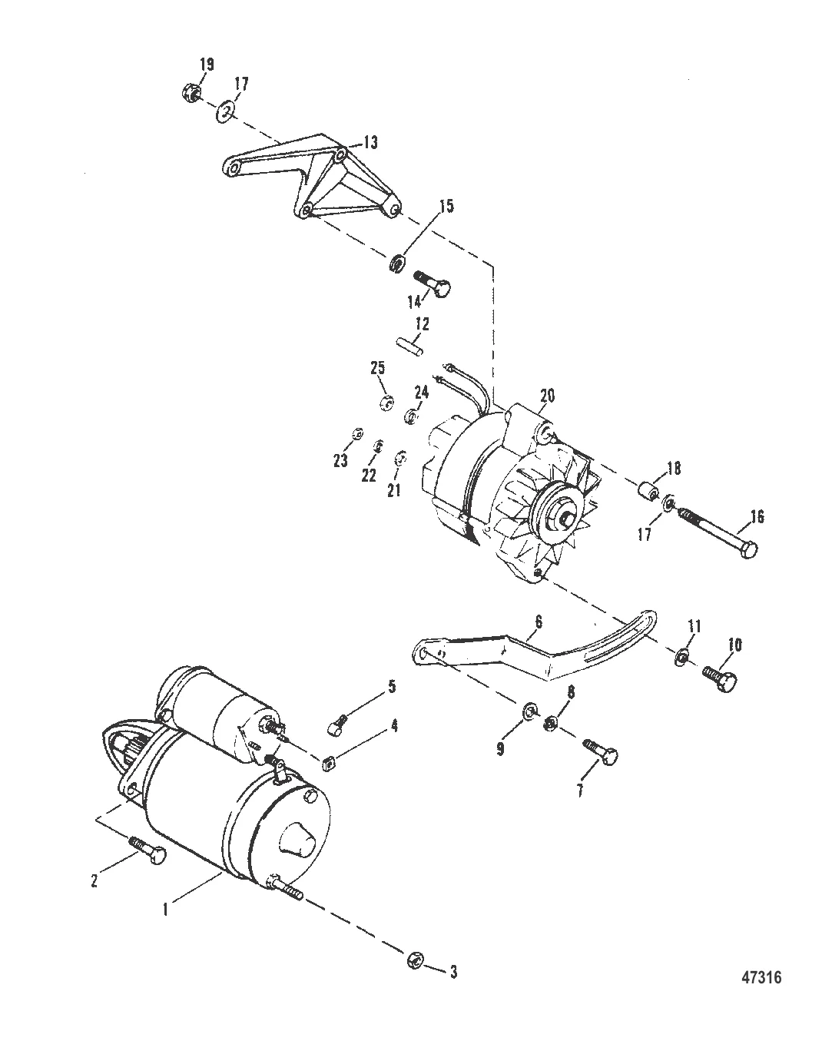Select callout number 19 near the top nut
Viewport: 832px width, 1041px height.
coord(207,65)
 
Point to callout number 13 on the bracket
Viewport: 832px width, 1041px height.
coord(370,143)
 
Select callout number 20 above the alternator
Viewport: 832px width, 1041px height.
coord(547,395)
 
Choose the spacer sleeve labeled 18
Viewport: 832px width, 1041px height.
coord(648,493)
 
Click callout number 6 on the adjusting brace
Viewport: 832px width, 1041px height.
coord(539,621)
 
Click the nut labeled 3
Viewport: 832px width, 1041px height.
coord(415,959)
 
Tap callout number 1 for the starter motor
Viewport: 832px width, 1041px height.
coord(165,910)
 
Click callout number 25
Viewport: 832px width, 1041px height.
coord(378,368)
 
